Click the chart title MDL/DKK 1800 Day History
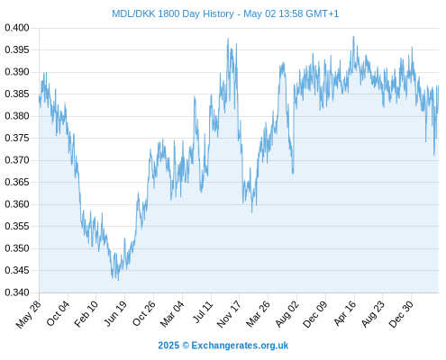coord(173,13)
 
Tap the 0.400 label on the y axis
coord(17,28)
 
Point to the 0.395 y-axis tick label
coord(17,49)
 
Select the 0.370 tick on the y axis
coord(17,160)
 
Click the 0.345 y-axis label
coord(17,270)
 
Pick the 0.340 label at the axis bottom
coord(17,292)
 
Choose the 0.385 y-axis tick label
coord(17,94)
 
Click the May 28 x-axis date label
coord(29,314)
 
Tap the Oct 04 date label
coord(58,313)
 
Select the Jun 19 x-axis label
coord(114,313)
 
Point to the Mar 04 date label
coord(172,314)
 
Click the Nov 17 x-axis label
coord(229,314)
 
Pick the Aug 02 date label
coord(287,314)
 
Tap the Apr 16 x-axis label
coord(344,313)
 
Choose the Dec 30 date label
coord(401,314)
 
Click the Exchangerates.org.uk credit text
coord(240,346)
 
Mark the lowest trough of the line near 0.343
coord(118,280)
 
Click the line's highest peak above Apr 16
coord(353,37)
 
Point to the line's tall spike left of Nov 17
coord(228,39)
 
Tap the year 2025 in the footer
coord(168,346)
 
